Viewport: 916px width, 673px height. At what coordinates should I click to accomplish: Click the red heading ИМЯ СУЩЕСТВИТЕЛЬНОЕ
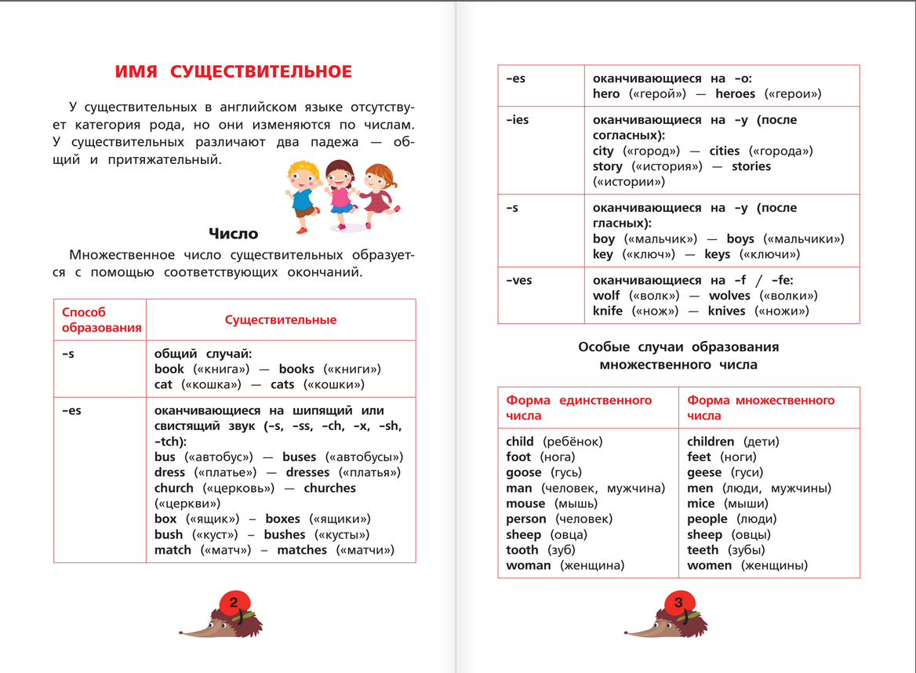[x=234, y=72]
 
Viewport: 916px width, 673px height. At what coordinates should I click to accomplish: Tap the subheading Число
[x=233, y=233]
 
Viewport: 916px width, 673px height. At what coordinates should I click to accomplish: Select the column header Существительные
[x=281, y=320]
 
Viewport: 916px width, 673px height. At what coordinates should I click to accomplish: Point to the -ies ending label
[x=517, y=120]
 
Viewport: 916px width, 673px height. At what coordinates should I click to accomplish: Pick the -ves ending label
[x=518, y=280]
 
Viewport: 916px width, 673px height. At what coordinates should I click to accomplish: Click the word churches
[x=329, y=488]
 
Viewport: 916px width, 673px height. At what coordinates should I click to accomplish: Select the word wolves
[x=729, y=296]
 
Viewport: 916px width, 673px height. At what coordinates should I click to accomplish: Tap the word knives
[x=726, y=311]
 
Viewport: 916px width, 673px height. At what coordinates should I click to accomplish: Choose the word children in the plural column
[x=711, y=442]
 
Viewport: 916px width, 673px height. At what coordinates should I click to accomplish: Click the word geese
[x=704, y=472]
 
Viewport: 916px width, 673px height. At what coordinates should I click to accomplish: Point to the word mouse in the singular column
[x=525, y=504]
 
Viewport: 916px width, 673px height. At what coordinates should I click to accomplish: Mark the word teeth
[x=703, y=550]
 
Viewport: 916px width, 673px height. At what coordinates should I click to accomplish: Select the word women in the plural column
[x=710, y=566]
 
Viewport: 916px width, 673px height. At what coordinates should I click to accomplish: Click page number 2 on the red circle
[x=234, y=602]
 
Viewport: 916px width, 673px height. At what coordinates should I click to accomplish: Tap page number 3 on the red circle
[x=678, y=602]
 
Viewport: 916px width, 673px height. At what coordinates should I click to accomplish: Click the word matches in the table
[x=302, y=550]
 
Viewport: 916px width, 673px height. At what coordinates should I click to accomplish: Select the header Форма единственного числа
[x=579, y=408]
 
